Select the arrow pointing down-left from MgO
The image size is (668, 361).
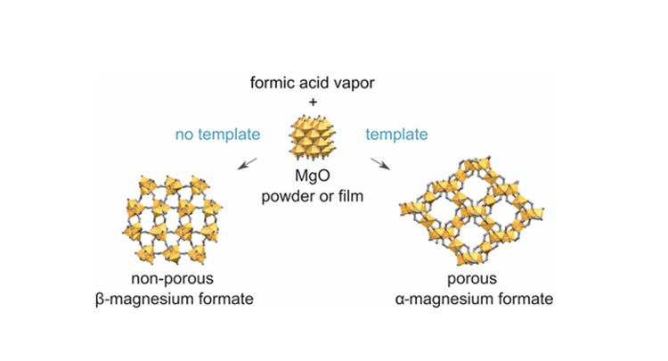click(252, 159)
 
